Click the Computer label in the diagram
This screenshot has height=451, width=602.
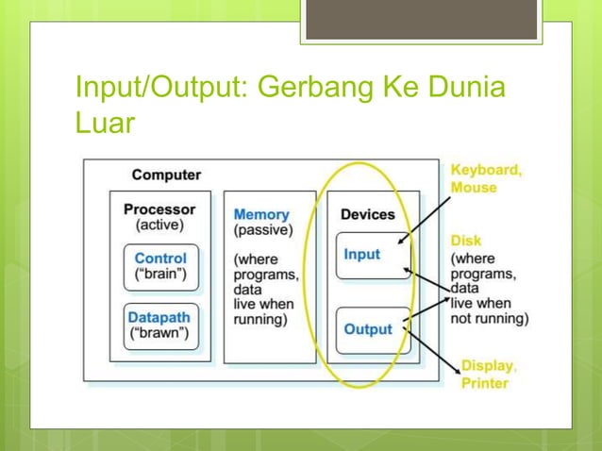(166, 175)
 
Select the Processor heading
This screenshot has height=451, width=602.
(159, 209)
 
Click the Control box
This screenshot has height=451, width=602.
(160, 267)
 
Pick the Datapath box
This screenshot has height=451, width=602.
(160, 325)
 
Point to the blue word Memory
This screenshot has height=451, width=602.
(261, 214)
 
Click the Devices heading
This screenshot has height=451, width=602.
(367, 214)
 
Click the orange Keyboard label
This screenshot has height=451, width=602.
(485, 171)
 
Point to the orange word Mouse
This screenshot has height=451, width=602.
(473, 188)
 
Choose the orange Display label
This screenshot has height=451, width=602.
(487, 365)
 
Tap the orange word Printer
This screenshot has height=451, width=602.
(485, 383)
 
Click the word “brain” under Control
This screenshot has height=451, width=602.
(160, 275)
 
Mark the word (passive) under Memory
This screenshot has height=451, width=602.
(261, 229)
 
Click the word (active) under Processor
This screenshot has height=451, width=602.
(159, 225)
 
